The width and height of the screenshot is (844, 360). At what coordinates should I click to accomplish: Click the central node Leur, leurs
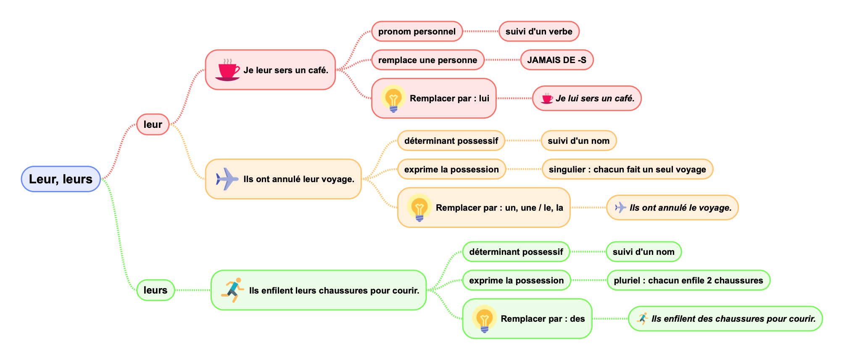[x=61, y=179]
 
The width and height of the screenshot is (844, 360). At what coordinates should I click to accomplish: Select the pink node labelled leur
[x=153, y=124]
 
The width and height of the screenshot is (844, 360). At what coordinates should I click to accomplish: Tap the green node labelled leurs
[x=155, y=290]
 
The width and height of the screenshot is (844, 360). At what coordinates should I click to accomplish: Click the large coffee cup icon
[x=227, y=70]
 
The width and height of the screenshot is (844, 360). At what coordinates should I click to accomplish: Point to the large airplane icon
[x=227, y=179]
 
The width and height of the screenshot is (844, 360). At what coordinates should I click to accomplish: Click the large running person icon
[x=233, y=290]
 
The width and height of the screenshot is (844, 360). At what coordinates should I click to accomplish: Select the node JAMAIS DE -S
[x=557, y=60]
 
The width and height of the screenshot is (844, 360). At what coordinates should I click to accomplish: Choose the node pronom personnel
[x=417, y=32]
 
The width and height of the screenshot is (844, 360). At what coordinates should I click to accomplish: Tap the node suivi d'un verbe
[x=538, y=32]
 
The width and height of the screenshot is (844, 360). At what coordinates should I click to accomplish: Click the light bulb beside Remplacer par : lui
[x=393, y=99]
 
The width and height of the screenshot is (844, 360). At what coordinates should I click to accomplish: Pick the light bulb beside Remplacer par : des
[x=484, y=319]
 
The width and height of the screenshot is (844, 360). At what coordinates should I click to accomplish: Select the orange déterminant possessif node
[x=451, y=141]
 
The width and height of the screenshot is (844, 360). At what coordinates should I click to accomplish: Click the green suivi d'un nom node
[x=643, y=252]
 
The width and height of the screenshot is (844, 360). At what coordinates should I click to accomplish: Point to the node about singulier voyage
[x=627, y=169]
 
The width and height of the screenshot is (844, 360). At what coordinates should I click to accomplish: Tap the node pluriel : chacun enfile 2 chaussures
[x=688, y=281]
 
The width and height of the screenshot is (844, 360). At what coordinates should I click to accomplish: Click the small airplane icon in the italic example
[x=620, y=207]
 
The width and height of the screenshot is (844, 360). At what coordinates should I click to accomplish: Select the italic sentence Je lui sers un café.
[x=595, y=98]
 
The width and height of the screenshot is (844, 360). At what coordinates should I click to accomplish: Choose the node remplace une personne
[x=427, y=60]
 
